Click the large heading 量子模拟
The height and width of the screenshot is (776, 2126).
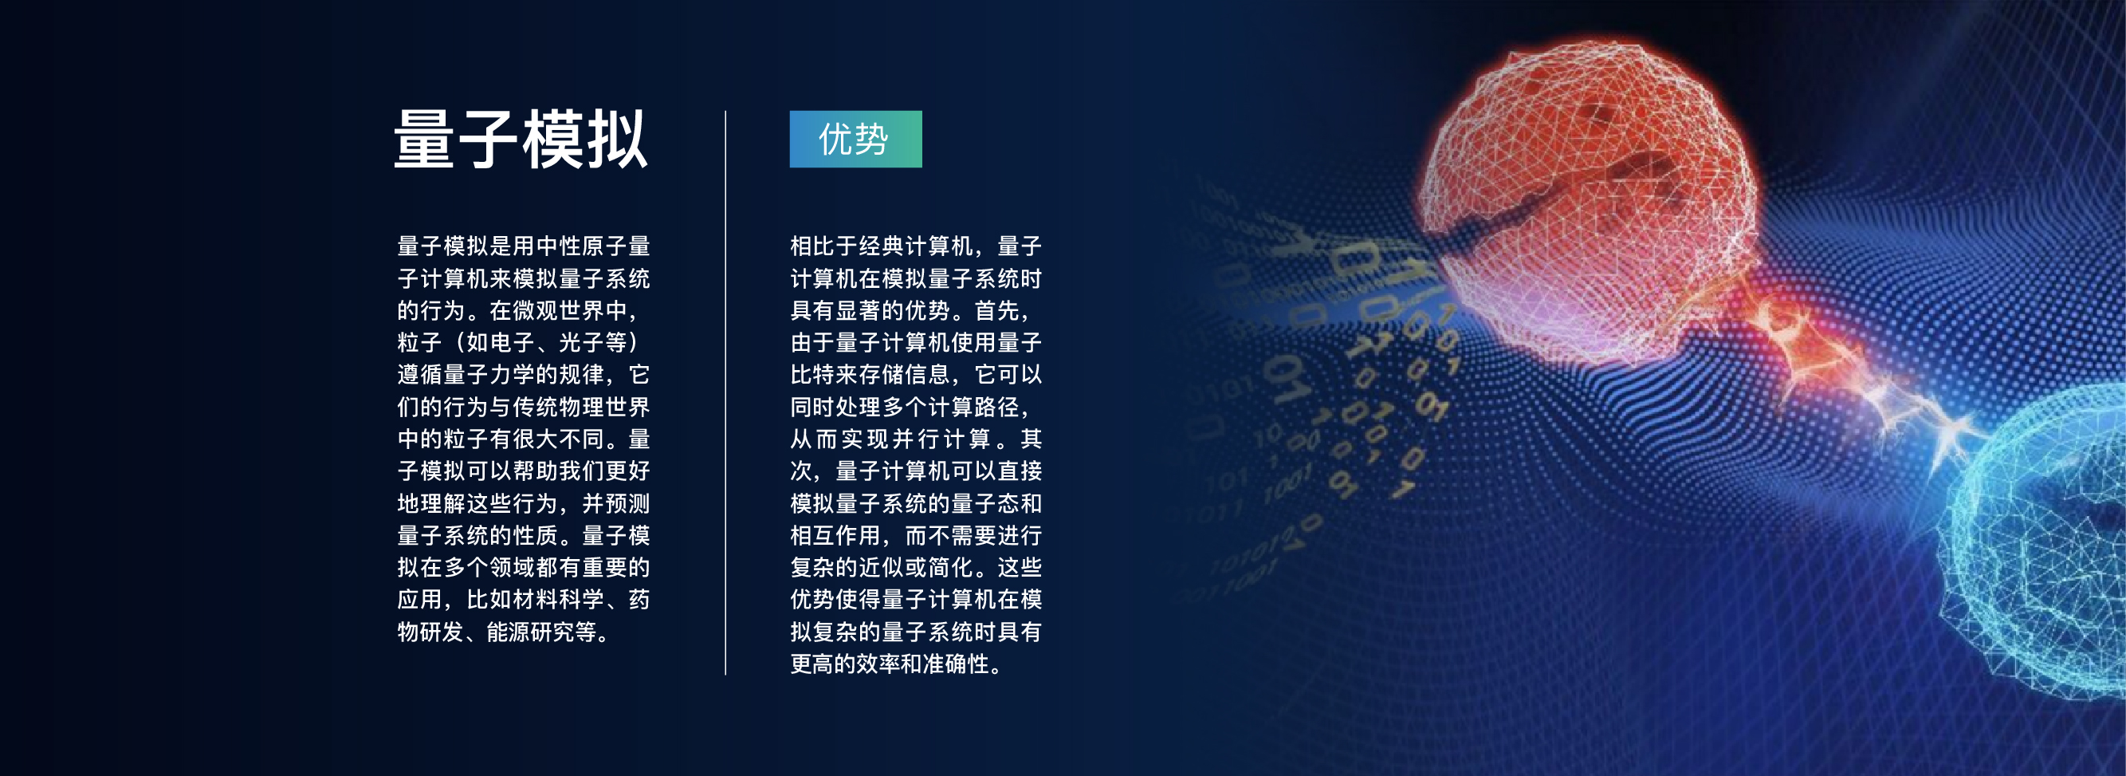[521, 140]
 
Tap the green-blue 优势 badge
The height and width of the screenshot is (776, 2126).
[856, 139]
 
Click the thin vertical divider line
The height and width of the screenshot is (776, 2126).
[725, 393]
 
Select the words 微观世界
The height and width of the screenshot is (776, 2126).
[559, 310]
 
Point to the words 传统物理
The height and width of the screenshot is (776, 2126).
[559, 407]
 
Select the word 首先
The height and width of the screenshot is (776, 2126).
[997, 310]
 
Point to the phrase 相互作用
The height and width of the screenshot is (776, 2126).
[835, 536]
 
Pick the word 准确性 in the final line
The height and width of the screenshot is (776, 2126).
[955, 664]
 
